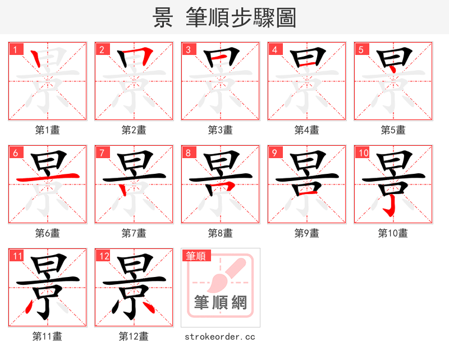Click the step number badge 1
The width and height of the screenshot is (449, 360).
tap(15, 49)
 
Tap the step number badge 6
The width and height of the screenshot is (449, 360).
tap(15, 153)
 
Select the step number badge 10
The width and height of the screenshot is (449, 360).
tap(362, 153)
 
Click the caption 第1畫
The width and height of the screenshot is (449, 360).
tap(47, 130)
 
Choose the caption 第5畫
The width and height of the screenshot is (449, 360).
tap(393, 130)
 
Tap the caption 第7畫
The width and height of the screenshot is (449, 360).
tap(134, 233)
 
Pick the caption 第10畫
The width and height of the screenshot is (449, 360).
tap(393, 233)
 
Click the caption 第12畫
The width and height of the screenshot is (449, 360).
tap(134, 336)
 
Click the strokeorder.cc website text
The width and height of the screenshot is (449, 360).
tap(220, 336)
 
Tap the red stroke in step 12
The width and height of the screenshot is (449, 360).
tap(147, 306)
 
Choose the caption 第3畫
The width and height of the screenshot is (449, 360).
tap(220, 130)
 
